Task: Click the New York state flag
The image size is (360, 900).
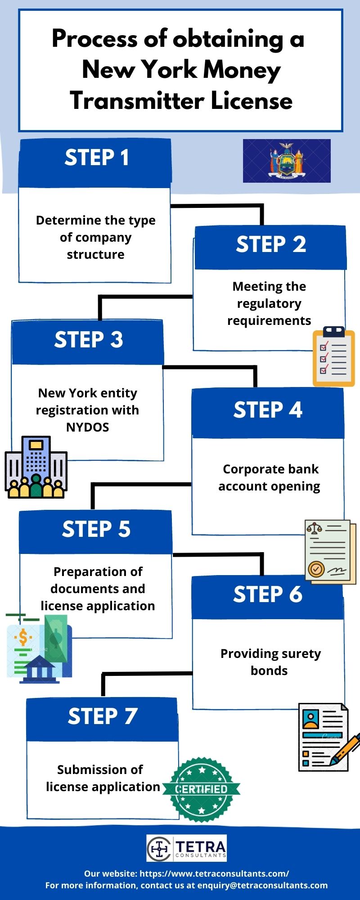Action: (287, 161)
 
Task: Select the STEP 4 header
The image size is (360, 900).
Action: (268, 410)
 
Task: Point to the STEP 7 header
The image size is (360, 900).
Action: (103, 716)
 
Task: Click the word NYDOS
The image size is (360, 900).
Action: (88, 427)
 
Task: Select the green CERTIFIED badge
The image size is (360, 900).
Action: (201, 789)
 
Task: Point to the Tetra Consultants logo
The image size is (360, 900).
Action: (187, 848)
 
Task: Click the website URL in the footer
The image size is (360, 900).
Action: (214, 873)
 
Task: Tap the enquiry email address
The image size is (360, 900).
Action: (262, 885)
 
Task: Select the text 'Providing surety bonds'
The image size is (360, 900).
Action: (270, 662)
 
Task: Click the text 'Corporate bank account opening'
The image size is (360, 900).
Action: (269, 477)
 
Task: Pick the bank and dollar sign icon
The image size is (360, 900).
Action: (39, 648)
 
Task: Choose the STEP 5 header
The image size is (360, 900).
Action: (96, 530)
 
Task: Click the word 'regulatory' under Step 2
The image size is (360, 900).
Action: (269, 304)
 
